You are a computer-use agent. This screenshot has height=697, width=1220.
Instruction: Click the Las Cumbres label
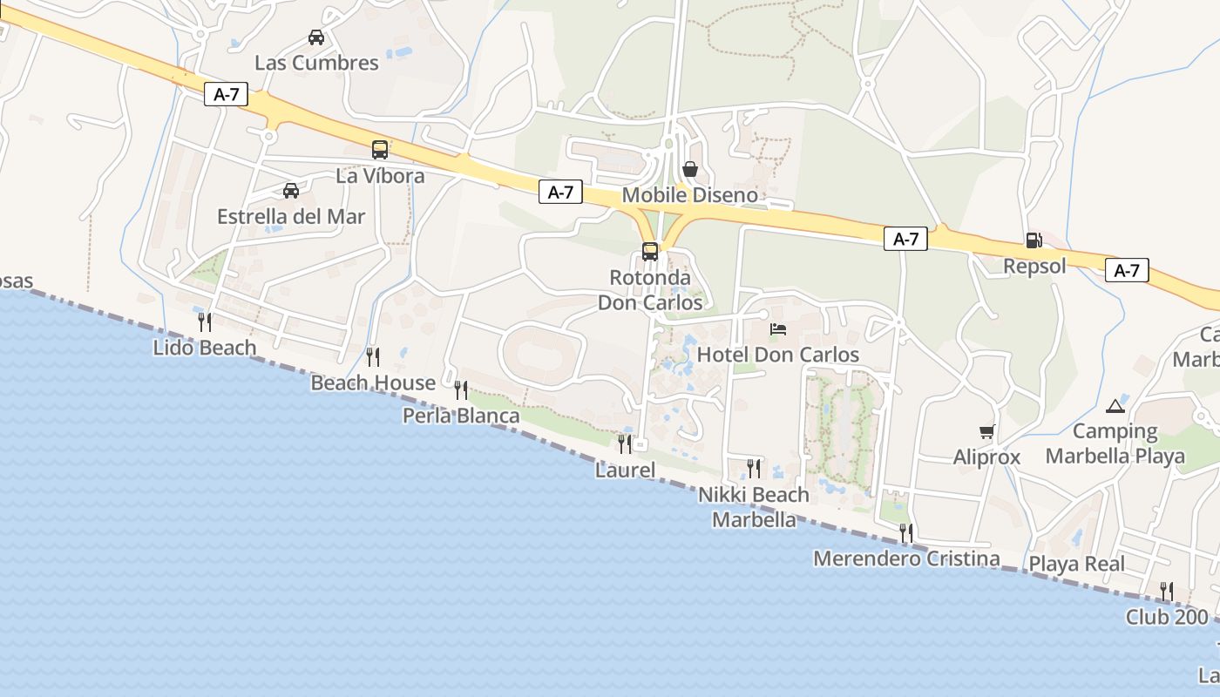point(316,63)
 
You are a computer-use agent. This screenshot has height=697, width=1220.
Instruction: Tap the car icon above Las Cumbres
point(316,37)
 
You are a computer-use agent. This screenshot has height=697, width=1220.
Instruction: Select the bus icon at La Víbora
point(380,150)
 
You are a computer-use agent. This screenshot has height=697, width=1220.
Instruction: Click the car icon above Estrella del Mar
point(291,191)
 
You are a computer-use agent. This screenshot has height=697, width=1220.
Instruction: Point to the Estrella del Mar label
point(291,216)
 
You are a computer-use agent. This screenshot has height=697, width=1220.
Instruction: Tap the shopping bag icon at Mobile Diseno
point(690,169)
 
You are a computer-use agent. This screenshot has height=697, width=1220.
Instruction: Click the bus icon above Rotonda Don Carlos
point(650,252)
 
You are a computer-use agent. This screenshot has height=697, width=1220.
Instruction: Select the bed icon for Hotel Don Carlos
point(778,329)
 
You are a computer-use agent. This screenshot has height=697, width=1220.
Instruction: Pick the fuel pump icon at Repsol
point(1034,240)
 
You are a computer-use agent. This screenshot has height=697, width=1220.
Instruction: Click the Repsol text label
point(1034,266)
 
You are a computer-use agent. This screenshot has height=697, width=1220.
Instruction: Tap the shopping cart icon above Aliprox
point(987,431)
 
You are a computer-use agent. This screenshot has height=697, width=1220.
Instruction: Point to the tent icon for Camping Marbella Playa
point(1115,405)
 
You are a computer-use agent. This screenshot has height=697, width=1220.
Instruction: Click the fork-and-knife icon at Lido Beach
point(205,322)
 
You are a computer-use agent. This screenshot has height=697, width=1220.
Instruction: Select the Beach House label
point(373,382)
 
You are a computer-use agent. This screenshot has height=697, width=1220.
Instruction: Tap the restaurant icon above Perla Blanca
point(461,389)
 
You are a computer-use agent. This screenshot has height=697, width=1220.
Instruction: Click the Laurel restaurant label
point(625,470)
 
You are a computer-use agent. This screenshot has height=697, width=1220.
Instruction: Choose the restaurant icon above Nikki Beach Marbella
point(754,469)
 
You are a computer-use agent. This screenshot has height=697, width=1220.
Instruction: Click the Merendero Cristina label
point(906,558)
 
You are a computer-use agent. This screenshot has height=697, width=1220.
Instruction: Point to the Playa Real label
point(1077,564)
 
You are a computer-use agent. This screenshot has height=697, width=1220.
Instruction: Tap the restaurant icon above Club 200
point(1167,592)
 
